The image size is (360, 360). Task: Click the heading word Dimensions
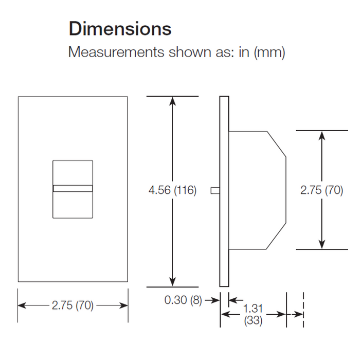120,29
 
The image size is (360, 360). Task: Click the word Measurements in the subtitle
116,52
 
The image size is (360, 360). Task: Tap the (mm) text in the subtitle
269,53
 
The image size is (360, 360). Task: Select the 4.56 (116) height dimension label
172,190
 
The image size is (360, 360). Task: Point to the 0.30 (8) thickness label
183,300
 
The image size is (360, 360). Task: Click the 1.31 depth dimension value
253,309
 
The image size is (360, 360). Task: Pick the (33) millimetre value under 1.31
253,320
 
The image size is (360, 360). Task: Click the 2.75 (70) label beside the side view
321,190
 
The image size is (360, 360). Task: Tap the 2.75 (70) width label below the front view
73,305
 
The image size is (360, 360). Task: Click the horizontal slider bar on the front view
73,189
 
